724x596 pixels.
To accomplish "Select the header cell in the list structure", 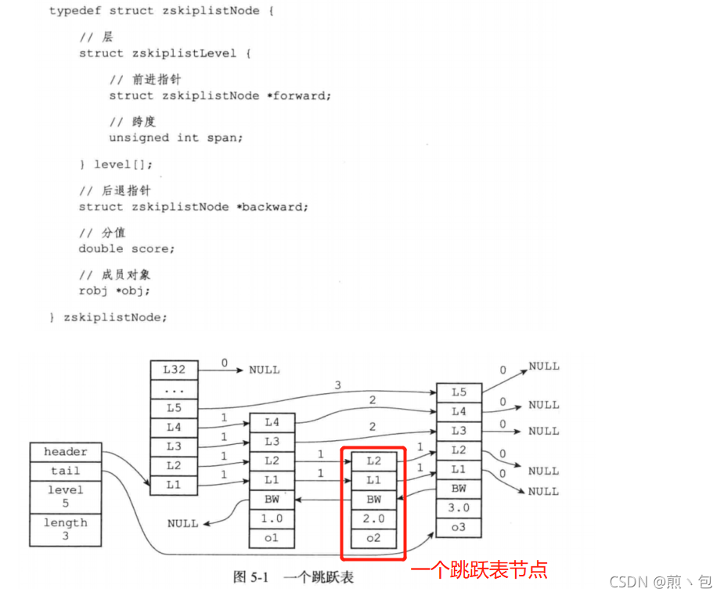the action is coord(66,453).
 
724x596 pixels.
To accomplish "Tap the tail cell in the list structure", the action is coord(66,471).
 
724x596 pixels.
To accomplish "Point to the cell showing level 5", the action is coord(66,497).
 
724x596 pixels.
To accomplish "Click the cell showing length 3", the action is coord(66,529).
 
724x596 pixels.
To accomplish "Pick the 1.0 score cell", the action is coord(272,519).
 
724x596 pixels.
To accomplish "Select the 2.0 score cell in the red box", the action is coord(373,518).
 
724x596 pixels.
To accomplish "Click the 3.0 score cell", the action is coord(459,508).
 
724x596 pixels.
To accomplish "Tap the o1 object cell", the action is coord(272,539).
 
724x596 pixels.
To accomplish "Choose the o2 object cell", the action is coord(373,538).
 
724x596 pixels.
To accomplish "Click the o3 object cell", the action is coord(459,528).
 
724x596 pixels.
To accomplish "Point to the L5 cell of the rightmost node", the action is coord(459,392).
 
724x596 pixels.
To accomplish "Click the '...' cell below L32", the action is coord(173,389).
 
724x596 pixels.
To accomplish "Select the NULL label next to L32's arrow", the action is coord(264,370).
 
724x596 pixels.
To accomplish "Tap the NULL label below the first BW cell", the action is coord(182,523).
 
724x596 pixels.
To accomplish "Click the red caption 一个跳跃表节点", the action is coord(479,570).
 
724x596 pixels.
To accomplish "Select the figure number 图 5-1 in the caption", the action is coord(250,577).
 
